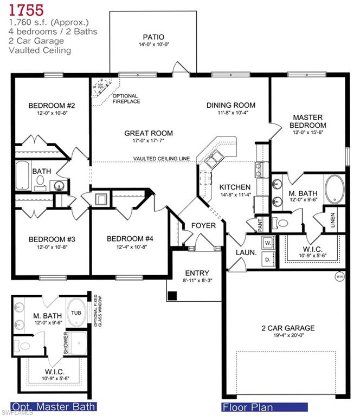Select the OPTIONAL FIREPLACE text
[x=126, y=98]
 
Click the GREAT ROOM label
[x=149, y=133]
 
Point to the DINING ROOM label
[x=230, y=105]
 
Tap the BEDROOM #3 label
[x=52, y=239]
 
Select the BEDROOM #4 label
[x=130, y=239]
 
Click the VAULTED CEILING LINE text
[x=162, y=158]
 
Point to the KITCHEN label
[x=235, y=187]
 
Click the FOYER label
[x=203, y=225]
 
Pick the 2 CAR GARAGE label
[x=287, y=328]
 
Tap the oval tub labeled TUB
[x=75, y=313]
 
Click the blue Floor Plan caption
[x=264, y=406]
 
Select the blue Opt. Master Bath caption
[x=54, y=406]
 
